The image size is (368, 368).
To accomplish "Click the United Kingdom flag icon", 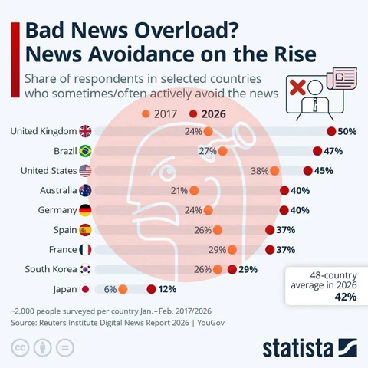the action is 85,131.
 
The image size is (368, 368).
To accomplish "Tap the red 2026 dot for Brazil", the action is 317,151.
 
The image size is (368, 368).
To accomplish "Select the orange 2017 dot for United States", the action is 274,171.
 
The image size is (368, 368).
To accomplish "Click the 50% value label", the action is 347,131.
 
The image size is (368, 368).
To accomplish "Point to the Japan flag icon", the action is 85,289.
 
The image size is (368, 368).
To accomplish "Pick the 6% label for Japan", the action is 110,289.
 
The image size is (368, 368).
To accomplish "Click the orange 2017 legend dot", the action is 146,113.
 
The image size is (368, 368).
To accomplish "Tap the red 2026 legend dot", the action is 193,113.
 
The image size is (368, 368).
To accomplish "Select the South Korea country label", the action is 51,269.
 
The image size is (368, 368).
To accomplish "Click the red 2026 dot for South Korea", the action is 232,269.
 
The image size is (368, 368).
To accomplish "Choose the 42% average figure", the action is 346,297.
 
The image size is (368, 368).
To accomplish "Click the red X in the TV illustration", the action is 297,87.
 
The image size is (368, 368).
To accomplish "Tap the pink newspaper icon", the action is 342,78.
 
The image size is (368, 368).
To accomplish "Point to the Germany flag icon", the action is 85,210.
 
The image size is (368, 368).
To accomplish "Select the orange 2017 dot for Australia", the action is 194,190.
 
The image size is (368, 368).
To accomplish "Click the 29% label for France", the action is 217,250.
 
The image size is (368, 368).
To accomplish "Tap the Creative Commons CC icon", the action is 20,348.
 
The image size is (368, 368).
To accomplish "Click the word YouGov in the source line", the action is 211,323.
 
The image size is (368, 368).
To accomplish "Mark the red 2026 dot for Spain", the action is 270,230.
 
